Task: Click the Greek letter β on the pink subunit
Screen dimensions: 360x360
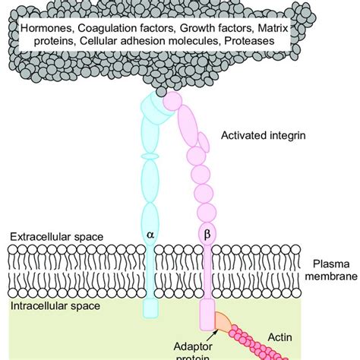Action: tap(207, 235)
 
